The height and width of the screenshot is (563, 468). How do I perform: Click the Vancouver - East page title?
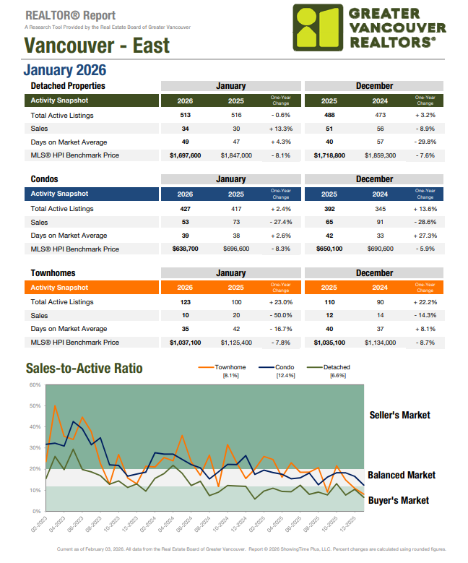pyautogui.click(x=97, y=46)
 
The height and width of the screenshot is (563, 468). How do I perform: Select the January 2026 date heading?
pyautogui.click(x=65, y=70)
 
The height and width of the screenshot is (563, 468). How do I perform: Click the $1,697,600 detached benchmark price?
pyautogui.click(x=186, y=155)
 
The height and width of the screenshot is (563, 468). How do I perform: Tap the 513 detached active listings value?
pyautogui.click(x=186, y=116)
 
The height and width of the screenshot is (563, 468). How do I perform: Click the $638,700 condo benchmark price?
pyautogui.click(x=186, y=249)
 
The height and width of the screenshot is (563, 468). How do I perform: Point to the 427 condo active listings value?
pyautogui.click(x=186, y=209)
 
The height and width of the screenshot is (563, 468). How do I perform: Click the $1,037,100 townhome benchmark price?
pyautogui.click(x=186, y=343)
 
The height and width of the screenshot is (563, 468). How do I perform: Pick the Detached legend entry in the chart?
pyautogui.click(x=337, y=367)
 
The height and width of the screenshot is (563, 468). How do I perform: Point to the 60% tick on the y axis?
pyautogui.click(x=34, y=384)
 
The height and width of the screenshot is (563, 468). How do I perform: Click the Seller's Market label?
pyautogui.click(x=399, y=415)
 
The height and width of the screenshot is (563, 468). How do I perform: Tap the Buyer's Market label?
pyautogui.click(x=398, y=500)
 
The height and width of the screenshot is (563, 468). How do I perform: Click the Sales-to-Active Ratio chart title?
pyautogui.click(x=84, y=369)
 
